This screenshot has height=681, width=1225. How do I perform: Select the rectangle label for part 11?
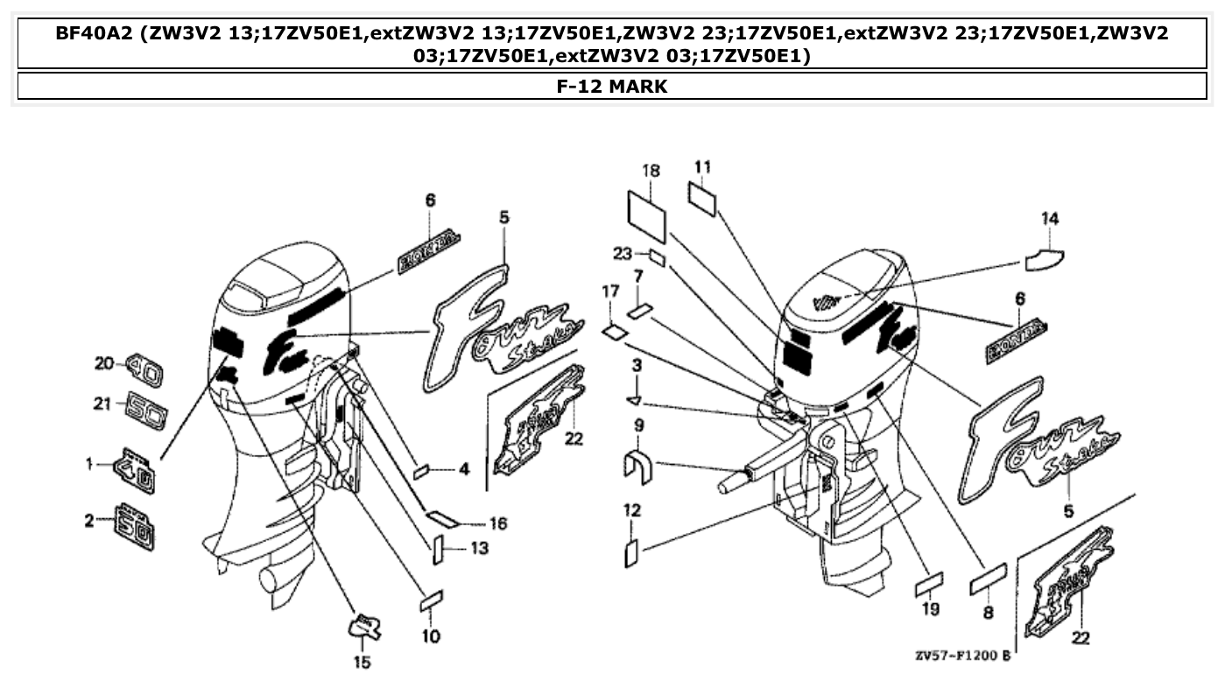click(702, 198)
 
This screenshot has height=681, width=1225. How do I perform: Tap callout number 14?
click(1050, 219)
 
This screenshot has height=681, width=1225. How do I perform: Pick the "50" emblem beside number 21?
click(146, 410)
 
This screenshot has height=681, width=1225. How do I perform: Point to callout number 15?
click(362, 662)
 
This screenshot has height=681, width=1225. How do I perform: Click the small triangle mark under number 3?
click(635, 401)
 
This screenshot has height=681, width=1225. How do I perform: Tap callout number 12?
click(632, 509)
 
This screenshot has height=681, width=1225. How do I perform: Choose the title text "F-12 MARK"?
click(612, 87)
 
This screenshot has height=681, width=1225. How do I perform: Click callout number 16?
click(497, 523)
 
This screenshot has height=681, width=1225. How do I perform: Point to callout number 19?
click(930, 608)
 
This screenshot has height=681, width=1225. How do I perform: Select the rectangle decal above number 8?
click(988, 579)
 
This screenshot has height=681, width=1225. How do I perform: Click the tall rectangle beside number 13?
click(438, 549)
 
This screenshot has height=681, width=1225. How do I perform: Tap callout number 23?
click(622, 255)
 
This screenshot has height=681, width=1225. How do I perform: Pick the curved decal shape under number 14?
click(1045, 259)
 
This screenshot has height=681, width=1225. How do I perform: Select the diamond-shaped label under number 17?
click(615, 332)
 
